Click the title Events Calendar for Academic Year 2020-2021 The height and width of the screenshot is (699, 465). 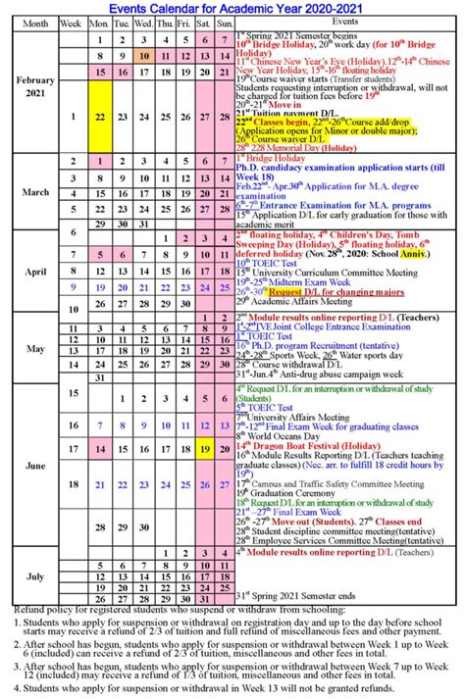pos(232,7)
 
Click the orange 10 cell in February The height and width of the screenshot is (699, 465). pos(141,56)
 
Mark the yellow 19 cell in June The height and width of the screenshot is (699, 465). pos(204,448)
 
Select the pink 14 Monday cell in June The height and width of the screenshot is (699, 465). pos(99,448)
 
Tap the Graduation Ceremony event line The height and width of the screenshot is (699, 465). pos(284,493)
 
